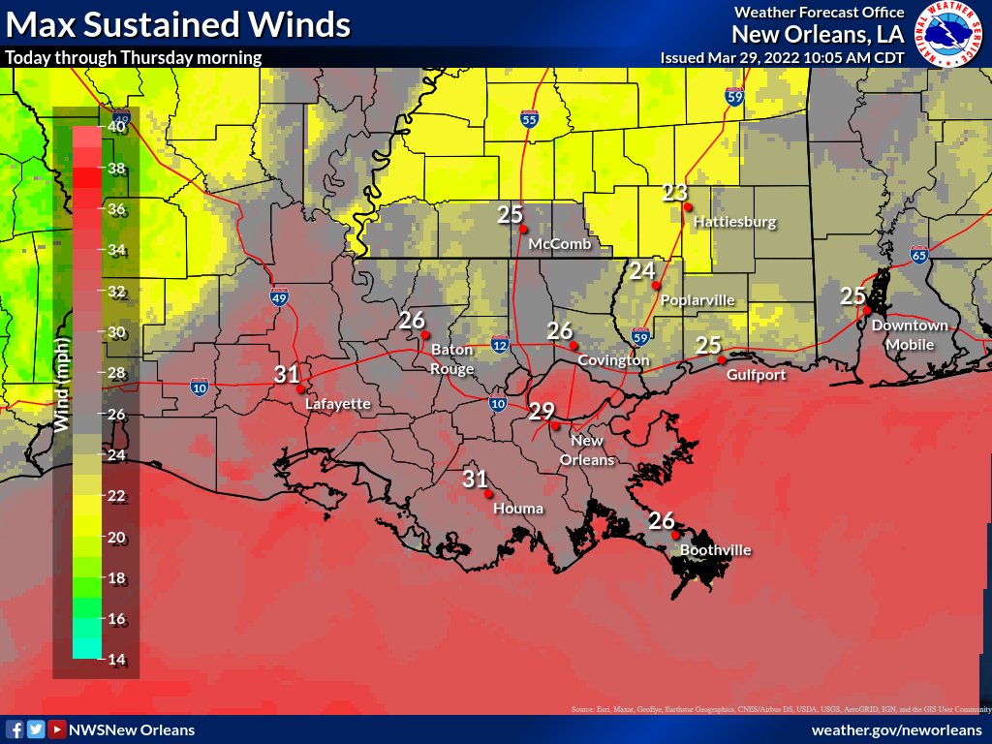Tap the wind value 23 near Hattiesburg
[x=674, y=192]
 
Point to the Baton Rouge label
[x=452, y=358]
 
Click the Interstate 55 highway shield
[x=529, y=120]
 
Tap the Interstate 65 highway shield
[x=918, y=256]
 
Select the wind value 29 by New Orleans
[x=541, y=410]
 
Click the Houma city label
[x=518, y=508]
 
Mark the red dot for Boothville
[x=675, y=535]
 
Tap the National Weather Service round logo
[x=949, y=34]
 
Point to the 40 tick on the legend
[x=116, y=126]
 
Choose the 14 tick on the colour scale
[x=116, y=660]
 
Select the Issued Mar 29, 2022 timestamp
[x=782, y=57]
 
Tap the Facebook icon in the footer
[x=15, y=729]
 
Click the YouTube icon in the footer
[x=57, y=729]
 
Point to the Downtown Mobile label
[x=910, y=335]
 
